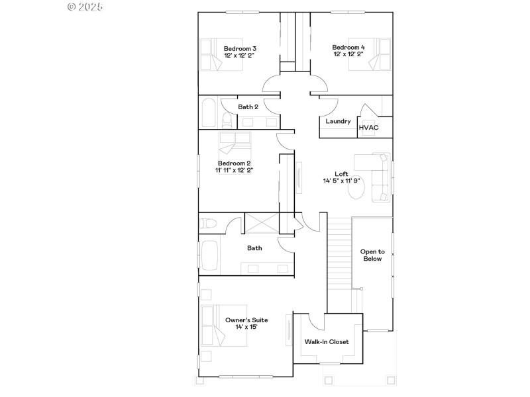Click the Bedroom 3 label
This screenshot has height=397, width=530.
(x=240, y=48)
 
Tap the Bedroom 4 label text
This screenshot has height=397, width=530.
(x=348, y=47)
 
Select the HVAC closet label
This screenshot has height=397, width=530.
(x=368, y=128)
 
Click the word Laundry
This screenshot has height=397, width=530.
(x=338, y=121)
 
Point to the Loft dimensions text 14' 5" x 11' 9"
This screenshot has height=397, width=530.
(x=341, y=180)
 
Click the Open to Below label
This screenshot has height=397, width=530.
(x=372, y=255)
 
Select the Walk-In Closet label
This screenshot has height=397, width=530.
(x=326, y=342)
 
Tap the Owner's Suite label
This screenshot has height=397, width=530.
(x=246, y=320)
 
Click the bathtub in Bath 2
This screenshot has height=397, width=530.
(x=207, y=113)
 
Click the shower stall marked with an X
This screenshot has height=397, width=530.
(x=262, y=222)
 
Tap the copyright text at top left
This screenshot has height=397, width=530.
(x=86, y=7)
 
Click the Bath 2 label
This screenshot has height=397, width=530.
(x=248, y=106)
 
